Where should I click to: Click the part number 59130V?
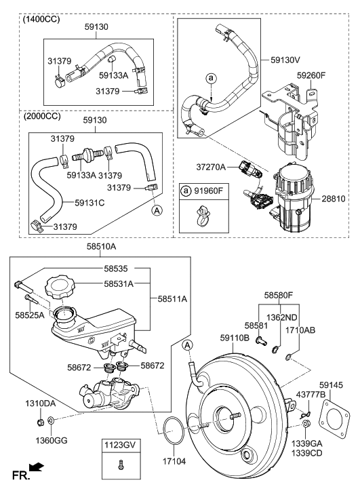(x=285, y=60)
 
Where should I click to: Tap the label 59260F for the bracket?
(x=312, y=75)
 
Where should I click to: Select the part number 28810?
(x=334, y=199)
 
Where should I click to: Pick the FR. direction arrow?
(x=37, y=467)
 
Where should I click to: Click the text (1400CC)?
(x=41, y=20)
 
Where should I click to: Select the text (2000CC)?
(x=42, y=117)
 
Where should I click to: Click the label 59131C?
(x=89, y=203)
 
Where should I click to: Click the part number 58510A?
(x=101, y=247)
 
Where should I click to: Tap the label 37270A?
(x=211, y=167)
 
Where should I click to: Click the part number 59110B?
(x=235, y=338)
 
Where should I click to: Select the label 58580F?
(x=279, y=296)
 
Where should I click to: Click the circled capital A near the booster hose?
(x=187, y=345)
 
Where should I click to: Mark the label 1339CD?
(x=306, y=454)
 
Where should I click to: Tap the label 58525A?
(x=30, y=315)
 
